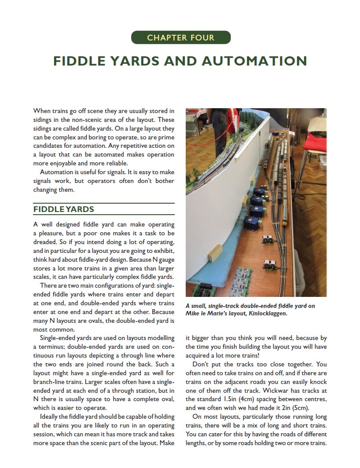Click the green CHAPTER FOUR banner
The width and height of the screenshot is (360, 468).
[180, 37]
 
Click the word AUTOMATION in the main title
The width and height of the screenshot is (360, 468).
[254, 61]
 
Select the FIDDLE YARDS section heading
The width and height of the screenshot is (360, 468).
[64, 209]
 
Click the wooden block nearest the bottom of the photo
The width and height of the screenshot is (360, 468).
[216, 254]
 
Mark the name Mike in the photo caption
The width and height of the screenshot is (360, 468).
[194, 314]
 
